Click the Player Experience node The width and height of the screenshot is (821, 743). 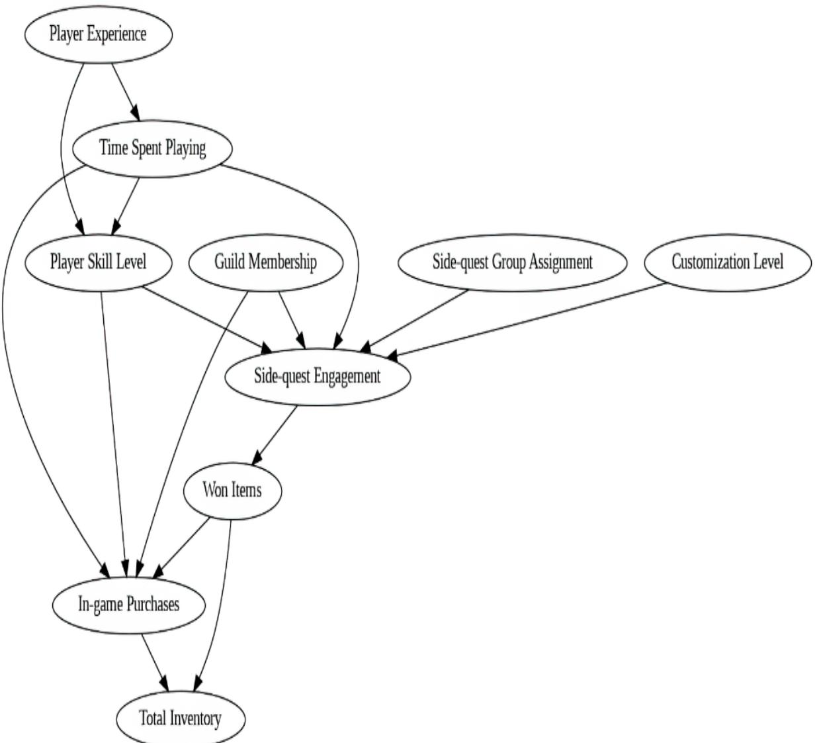99,34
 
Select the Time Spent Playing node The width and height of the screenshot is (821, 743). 152,148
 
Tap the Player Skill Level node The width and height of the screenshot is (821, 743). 99,262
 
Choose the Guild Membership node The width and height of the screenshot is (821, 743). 266,262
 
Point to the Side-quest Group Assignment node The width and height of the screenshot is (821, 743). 512,262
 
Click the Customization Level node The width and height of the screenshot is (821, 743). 727,262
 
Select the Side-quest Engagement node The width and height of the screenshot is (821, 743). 318,376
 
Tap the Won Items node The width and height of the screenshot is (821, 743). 232,491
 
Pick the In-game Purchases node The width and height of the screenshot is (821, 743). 128,605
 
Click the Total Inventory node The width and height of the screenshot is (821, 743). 181,718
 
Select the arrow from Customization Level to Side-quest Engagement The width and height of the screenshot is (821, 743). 529,321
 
